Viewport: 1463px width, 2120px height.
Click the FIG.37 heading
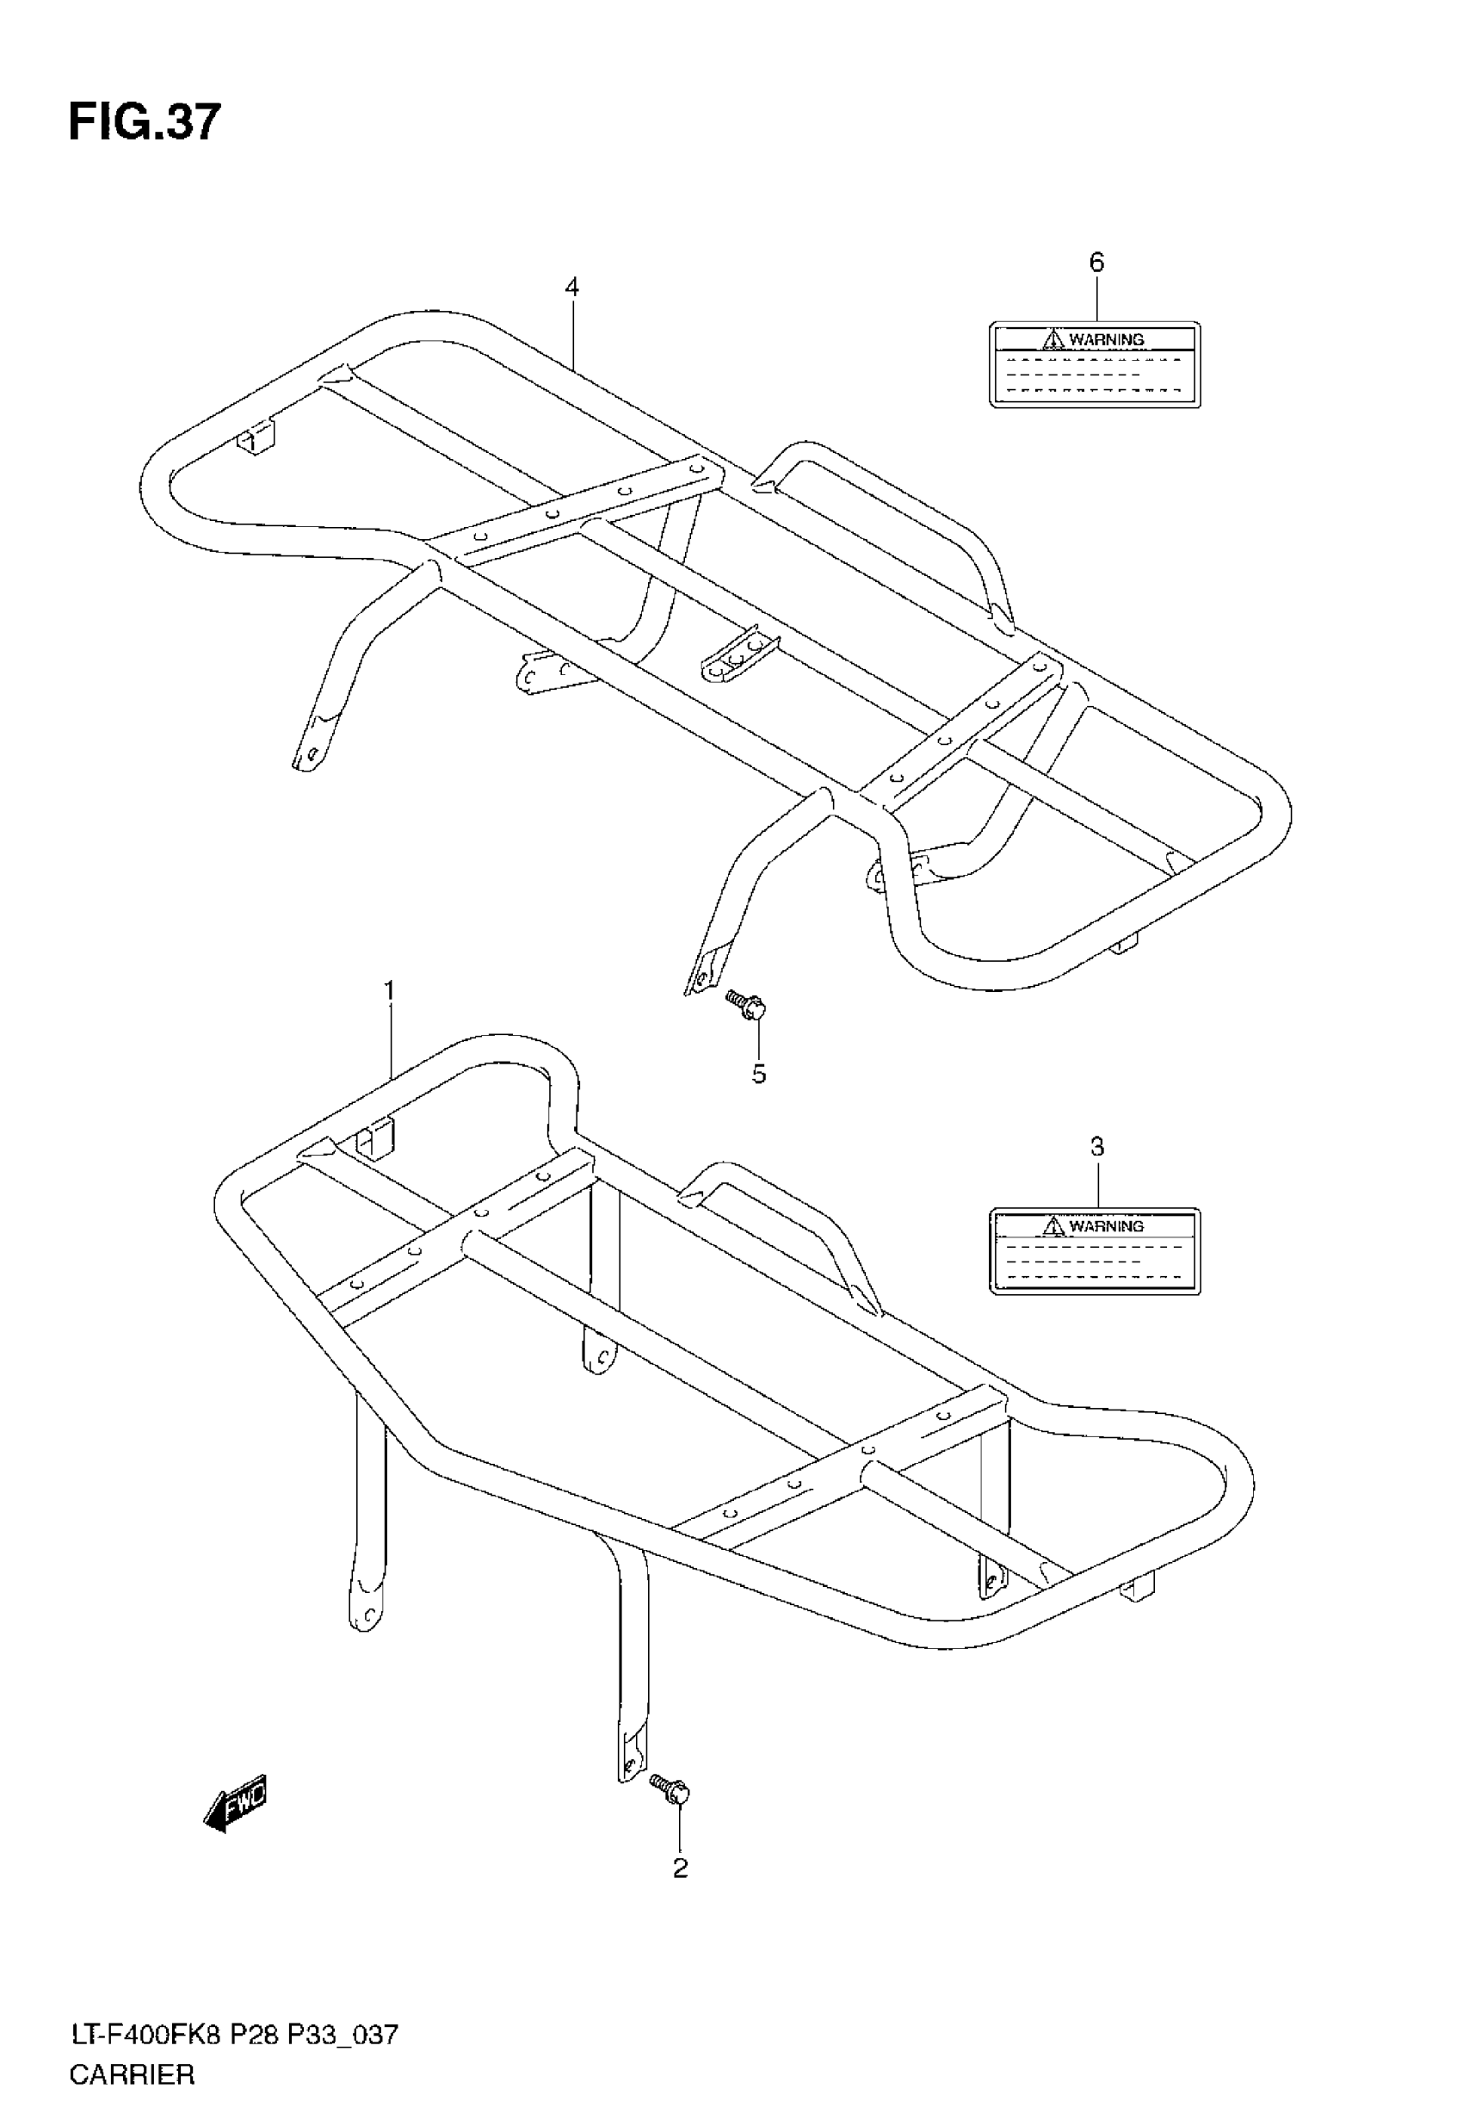coord(145,122)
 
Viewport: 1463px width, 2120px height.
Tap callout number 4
coord(572,287)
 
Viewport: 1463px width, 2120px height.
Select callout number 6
coord(1096,263)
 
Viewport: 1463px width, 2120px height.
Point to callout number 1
coord(390,991)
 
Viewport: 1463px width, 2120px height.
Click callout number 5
coord(759,1074)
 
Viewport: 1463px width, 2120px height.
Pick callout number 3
coord(1096,1146)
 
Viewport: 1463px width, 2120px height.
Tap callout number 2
coord(680,1868)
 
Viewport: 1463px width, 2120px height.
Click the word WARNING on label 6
coord(1107,339)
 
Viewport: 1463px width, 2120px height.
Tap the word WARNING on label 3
coord(1107,1226)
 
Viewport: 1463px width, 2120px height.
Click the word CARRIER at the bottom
coord(132,2075)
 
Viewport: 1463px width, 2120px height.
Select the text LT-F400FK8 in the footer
coord(145,2036)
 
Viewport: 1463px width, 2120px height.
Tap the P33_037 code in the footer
coord(343,2036)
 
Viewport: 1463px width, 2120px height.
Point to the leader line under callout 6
coord(1096,299)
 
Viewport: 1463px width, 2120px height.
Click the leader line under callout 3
coord(1096,1184)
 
